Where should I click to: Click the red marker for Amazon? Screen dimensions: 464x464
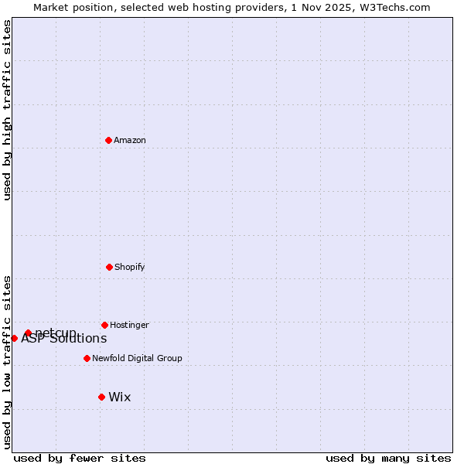109,140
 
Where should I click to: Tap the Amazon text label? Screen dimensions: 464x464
130,141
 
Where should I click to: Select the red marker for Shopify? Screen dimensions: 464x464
109,267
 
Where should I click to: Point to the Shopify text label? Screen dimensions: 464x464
129,268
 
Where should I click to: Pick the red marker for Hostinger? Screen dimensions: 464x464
104,325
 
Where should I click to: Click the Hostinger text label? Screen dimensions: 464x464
129,326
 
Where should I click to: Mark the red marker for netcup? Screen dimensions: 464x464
28,333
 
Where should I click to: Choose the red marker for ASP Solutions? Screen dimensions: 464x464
14,338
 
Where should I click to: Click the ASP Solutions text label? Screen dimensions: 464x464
64,339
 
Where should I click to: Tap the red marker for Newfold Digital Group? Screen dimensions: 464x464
87,358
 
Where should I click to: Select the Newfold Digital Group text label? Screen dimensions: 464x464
137,359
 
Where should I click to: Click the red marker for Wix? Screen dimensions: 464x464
101,397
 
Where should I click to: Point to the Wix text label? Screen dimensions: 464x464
120,397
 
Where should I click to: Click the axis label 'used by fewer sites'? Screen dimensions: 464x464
80,458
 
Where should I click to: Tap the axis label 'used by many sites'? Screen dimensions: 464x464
388,458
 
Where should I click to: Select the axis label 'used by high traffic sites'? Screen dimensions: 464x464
7,110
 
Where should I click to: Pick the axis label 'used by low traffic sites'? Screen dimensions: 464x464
7,362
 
